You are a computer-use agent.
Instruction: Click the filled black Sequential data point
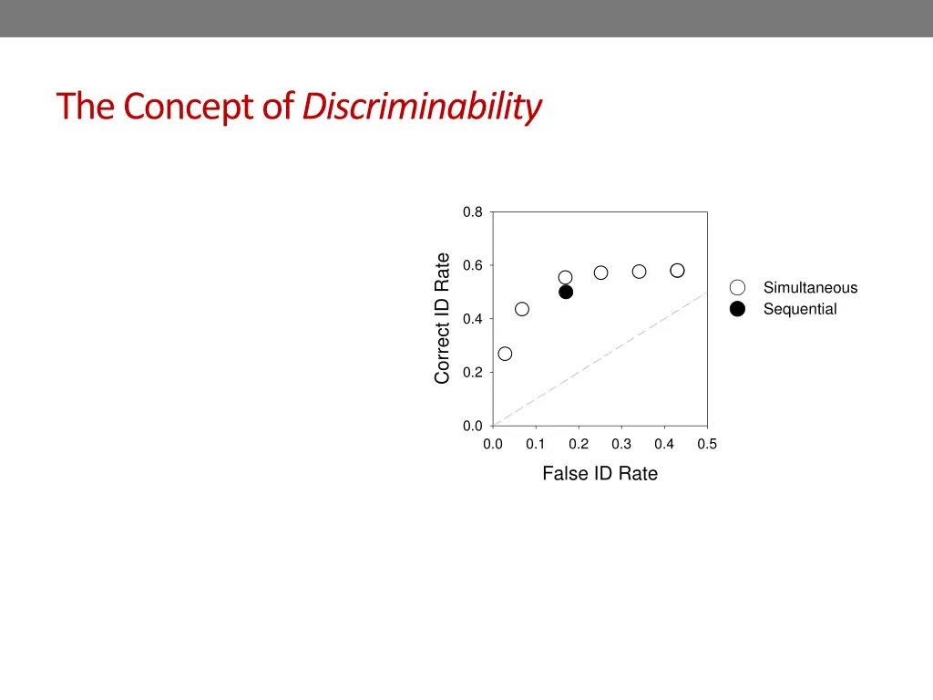tap(566, 293)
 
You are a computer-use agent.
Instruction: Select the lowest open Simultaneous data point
tap(505, 354)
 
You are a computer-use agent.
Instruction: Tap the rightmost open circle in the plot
tap(677, 271)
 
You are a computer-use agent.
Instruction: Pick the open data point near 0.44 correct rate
tap(522, 309)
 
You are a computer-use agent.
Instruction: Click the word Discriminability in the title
tap(422, 108)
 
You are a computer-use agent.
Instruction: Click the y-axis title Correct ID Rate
tap(443, 318)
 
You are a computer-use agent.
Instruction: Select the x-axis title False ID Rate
tap(600, 473)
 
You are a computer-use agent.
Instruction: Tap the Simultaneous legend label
tap(810, 288)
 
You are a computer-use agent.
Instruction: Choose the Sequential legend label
tap(800, 309)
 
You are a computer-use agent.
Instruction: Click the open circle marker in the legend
tap(738, 288)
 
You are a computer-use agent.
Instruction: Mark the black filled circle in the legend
tap(738, 309)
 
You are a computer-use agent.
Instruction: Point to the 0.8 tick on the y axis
tap(472, 212)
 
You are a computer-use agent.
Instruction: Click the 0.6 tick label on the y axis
tap(472, 266)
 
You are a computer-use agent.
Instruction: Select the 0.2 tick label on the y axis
tap(472, 373)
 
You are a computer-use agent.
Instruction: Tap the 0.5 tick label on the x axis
tap(707, 445)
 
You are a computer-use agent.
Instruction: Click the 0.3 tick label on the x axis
tap(621, 445)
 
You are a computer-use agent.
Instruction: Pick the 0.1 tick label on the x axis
tap(535, 445)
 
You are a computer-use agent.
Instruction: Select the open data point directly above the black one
tap(566, 277)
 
